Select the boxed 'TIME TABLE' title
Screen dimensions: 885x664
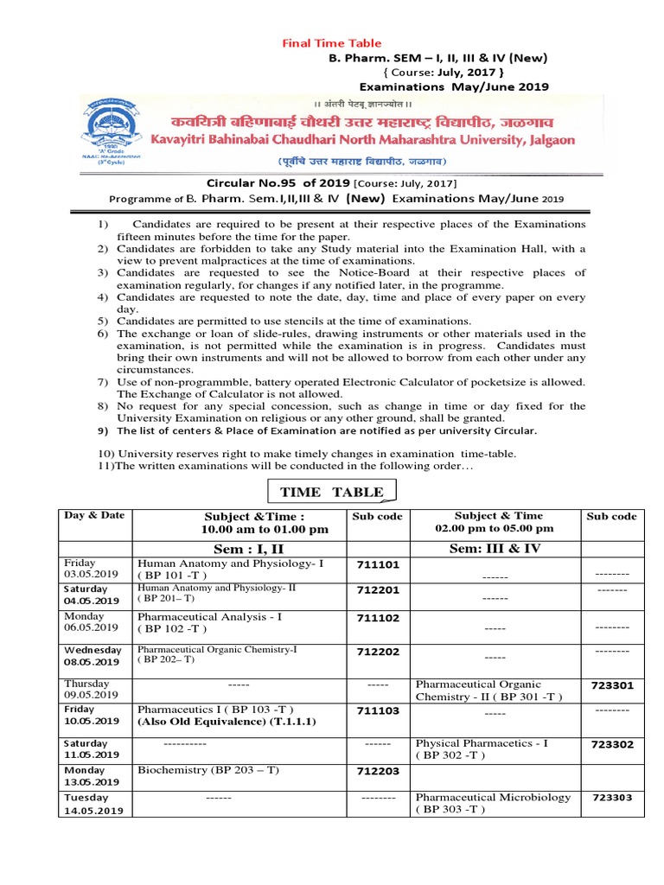(331, 492)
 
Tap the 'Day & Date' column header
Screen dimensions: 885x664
(94, 515)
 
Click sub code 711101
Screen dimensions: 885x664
(378, 565)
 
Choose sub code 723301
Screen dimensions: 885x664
(612, 685)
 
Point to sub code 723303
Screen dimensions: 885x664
(612, 798)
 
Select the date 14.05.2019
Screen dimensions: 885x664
(93, 811)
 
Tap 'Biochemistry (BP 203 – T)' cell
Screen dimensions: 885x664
(208, 769)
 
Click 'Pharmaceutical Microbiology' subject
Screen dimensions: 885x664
(493, 797)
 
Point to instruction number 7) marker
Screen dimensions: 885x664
(102, 382)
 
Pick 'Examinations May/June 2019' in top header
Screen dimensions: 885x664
(453, 86)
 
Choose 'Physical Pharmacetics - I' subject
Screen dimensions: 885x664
(481, 742)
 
